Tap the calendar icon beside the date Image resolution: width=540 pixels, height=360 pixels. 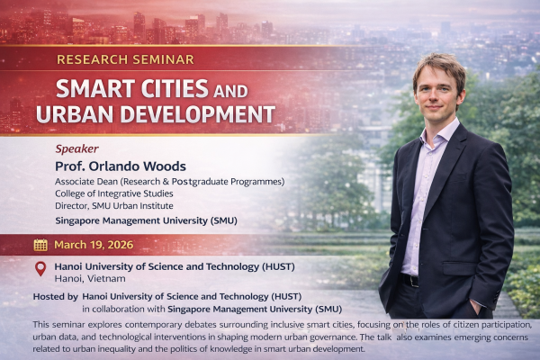[40, 245]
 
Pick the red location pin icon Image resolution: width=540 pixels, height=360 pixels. [40, 269]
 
